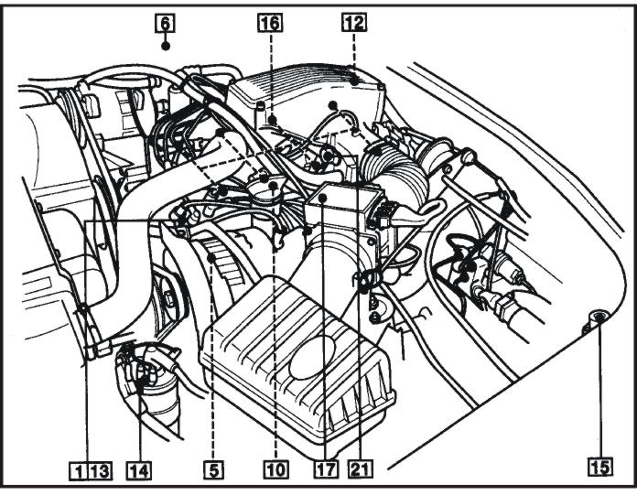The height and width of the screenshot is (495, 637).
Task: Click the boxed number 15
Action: pyautogui.click(x=599, y=468)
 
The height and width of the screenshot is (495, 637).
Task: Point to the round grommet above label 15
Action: pyautogui.click(x=597, y=317)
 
